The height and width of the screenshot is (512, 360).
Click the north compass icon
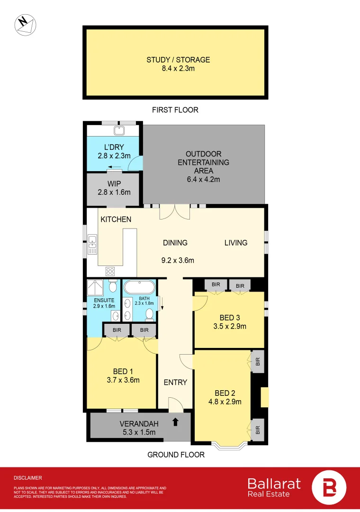pyautogui.click(x=25, y=25)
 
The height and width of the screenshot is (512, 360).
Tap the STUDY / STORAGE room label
pyautogui.click(x=178, y=60)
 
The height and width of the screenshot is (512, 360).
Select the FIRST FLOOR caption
pyautogui.click(x=175, y=110)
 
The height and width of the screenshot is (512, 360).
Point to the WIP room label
pyautogui.click(x=114, y=184)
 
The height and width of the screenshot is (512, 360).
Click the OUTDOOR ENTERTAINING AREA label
pyautogui.click(x=203, y=162)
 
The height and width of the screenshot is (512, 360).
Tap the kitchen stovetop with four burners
pyautogui.click(x=110, y=271)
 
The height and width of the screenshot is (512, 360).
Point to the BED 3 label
pyautogui.click(x=230, y=318)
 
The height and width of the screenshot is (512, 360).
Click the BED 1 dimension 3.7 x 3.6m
pyautogui.click(x=123, y=380)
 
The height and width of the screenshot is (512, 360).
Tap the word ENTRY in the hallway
pyautogui.click(x=175, y=382)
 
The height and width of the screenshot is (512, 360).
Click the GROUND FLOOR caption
pyautogui.click(x=176, y=455)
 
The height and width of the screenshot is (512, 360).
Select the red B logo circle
pyautogui.click(x=329, y=488)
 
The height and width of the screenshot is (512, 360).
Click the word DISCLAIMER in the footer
pyautogui.click(x=28, y=478)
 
